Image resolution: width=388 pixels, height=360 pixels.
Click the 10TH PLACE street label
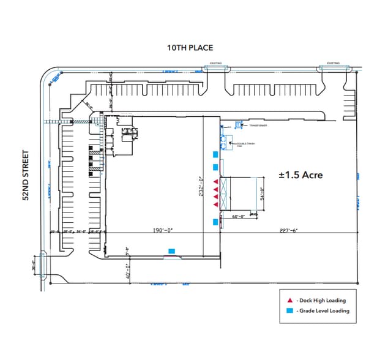190,48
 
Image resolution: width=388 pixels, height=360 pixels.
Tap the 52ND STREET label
26,176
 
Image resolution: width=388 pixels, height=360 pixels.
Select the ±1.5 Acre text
300,174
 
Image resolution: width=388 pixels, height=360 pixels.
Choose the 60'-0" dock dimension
239,216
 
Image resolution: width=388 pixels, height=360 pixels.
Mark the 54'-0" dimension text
261,194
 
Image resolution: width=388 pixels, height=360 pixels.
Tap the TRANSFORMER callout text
258,125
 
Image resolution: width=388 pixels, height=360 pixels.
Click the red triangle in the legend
289,301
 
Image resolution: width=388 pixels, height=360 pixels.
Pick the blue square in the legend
289,311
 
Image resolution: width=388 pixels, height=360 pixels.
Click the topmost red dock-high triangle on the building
215,182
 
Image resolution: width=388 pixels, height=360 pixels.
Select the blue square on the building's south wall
171,250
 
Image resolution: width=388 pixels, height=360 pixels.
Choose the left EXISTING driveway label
216,63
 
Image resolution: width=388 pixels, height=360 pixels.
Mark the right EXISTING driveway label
333,63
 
